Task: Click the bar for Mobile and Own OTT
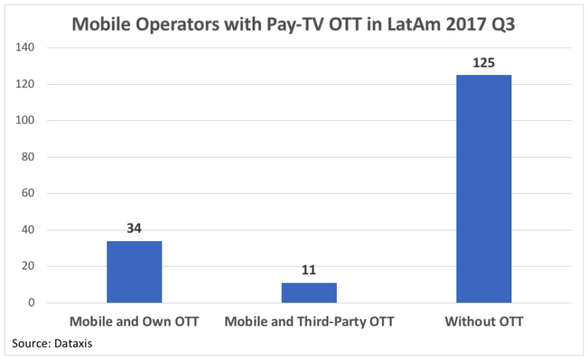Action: pyautogui.click(x=134, y=272)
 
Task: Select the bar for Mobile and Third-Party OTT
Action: pyautogui.click(x=309, y=293)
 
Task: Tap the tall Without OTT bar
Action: pyautogui.click(x=484, y=188)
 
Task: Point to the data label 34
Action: pyautogui.click(x=134, y=229)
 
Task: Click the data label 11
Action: pyautogui.click(x=309, y=270)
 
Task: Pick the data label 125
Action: pyautogui.click(x=484, y=62)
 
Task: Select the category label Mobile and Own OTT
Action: pyautogui.click(x=134, y=322)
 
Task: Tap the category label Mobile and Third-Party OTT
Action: pyautogui.click(x=309, y=322)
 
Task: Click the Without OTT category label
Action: pyautogui.click(x=484, y=322)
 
